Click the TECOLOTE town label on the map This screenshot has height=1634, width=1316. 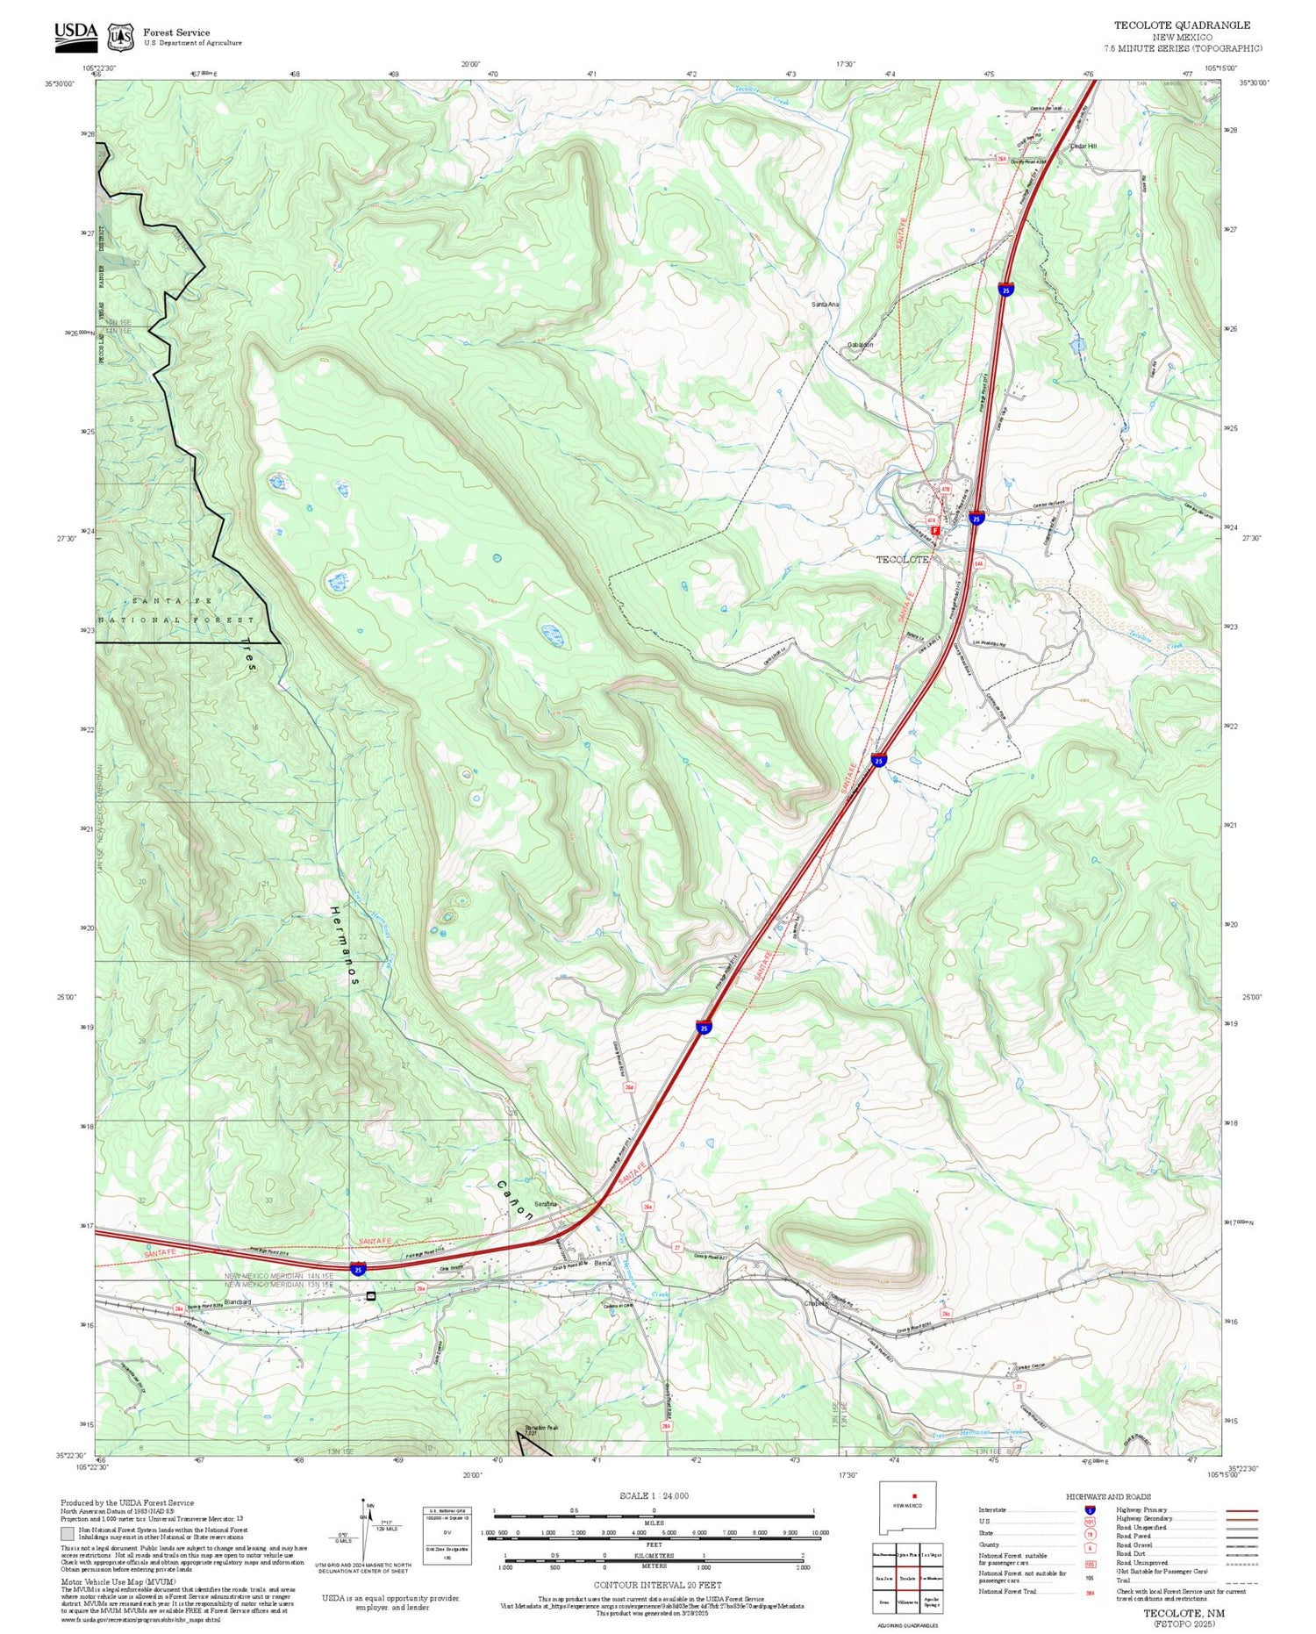pyautogui.click(x=902, y=559)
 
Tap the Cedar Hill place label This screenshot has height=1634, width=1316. pyautogui.click(x=1084, y=146)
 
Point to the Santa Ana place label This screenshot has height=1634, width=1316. pyautogui.click(x=825, y=305)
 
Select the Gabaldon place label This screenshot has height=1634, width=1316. pyautogui.click(x=860, y=345)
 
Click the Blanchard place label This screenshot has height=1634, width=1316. pyautogui.click(x=238, y=1301)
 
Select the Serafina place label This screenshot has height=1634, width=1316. pyautogui.click(x=547, y=1203)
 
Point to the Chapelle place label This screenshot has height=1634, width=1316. pyautogui.click(x=816, y=1303)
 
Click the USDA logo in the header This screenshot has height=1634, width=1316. pyautogui.click(x=76, y=33)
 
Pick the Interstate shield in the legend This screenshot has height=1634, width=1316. pyautogui.click(x=1089, y=1510)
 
